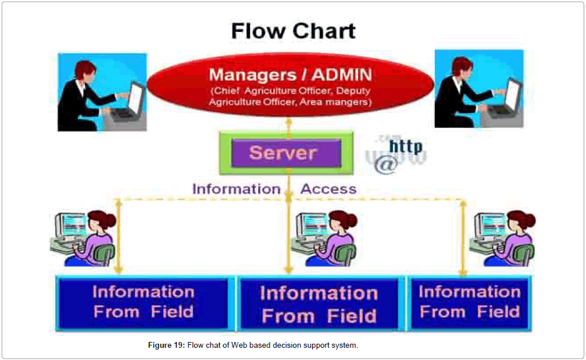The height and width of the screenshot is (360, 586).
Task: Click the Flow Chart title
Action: pyautogui.click(x=293, y=30)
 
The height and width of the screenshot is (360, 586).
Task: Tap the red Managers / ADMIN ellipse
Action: pyautogui.click(x=290, y=87)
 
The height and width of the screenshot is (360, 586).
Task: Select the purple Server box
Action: pyautogui.click(x=285, y=154)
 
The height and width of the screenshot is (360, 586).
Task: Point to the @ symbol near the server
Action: pyautogui.click(x=385, y=165)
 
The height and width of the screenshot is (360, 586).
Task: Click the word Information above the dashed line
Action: pyautogui.click(x=236, y=189)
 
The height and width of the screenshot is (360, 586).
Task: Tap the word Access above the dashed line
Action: pyautogui.click(x=328, y=189)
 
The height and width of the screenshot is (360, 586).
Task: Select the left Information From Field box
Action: pyautogui.click(x=143, y=302)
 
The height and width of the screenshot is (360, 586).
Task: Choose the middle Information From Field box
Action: pyautogui.click(x=319, y=304)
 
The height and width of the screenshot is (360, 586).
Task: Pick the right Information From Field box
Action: pyautogui.click(x=470, y=302)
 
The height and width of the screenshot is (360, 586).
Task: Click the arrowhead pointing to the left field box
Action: pyautogui.click(x=118, y=269)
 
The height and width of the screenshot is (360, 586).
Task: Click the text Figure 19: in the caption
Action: pyautogui.click(x=166, y=345)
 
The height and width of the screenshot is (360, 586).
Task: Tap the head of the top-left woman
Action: pyautogui.click(x=80, y=66)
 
